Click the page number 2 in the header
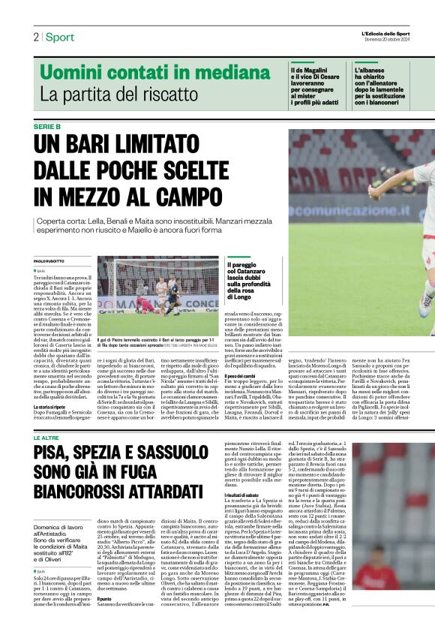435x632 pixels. pyautogui.click(x=36, y=37)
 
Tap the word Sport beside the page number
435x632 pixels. pyautogui.click(x=59, y=37)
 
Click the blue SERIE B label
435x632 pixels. pyautogui.click(x=47, y=126)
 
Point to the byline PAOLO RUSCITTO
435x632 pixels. pyautogui.click(x=49, y=260)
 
